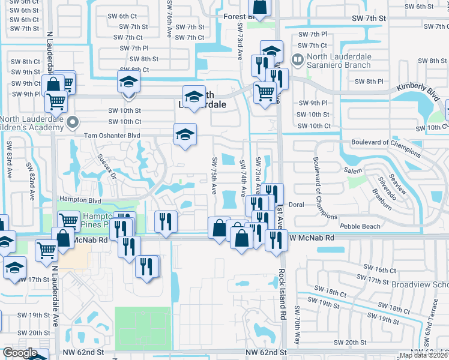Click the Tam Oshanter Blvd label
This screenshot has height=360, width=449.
click(112, 136)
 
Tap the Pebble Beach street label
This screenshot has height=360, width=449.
click(360, 226)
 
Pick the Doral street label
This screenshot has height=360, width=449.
click(297, 205)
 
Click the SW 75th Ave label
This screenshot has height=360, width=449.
click(214, 175)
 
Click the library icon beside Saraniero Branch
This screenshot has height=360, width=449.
click(296, 59)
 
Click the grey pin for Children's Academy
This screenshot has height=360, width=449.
click(73, 123)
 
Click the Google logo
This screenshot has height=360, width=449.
click(20, 353)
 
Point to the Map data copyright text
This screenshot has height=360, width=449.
click(423, 355)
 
